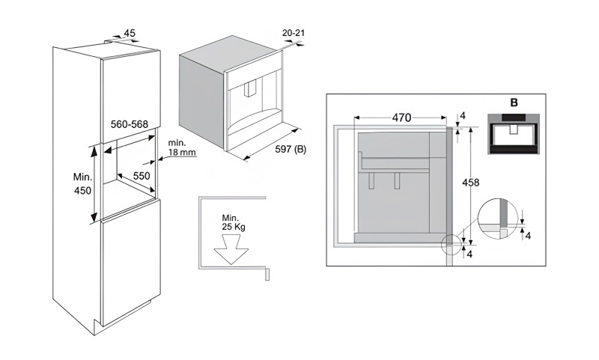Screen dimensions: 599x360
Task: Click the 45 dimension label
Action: coord(130,33)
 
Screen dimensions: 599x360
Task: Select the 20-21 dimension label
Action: coord(294,33)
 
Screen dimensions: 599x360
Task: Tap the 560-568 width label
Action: coord(129,124)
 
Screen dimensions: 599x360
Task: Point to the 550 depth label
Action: coord(142,176)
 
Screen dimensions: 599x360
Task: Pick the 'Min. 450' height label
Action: coord(83,183)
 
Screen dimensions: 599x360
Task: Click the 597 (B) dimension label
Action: coord(291,149)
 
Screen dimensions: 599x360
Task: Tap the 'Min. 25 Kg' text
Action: coord(233,222)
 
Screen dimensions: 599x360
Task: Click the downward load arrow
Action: coord(231,250)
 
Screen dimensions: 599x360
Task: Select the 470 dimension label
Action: coord(401,118)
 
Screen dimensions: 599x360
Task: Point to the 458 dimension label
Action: coord(471,183)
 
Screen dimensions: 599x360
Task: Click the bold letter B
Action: coord(514,103)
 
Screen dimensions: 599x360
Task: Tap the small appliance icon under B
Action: coord(514,134)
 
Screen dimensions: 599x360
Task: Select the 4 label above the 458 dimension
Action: coord(463,116)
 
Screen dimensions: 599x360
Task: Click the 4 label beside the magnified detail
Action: coord(528,236)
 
